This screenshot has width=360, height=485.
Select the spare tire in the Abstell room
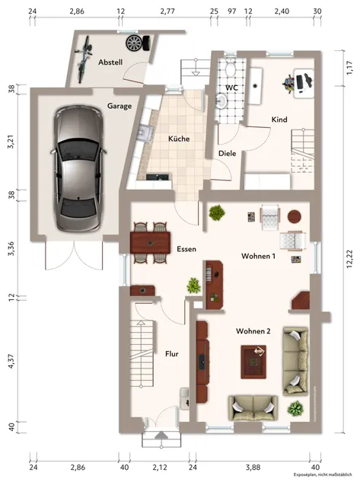click(135, 42)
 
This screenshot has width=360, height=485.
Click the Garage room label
click(119, 106)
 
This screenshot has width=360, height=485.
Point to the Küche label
click(179, 139)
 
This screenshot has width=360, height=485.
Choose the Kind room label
click(279, 120)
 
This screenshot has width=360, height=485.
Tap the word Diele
click(227, 153)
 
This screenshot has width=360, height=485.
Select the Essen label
click(186, 249)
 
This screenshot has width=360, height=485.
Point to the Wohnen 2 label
click(253, 331)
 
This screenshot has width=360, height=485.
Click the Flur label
click(171, 353)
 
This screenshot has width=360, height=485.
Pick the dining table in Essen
click(150, 242)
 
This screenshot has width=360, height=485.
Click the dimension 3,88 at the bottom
click(253, 467)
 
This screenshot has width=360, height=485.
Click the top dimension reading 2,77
click(167, 11)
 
